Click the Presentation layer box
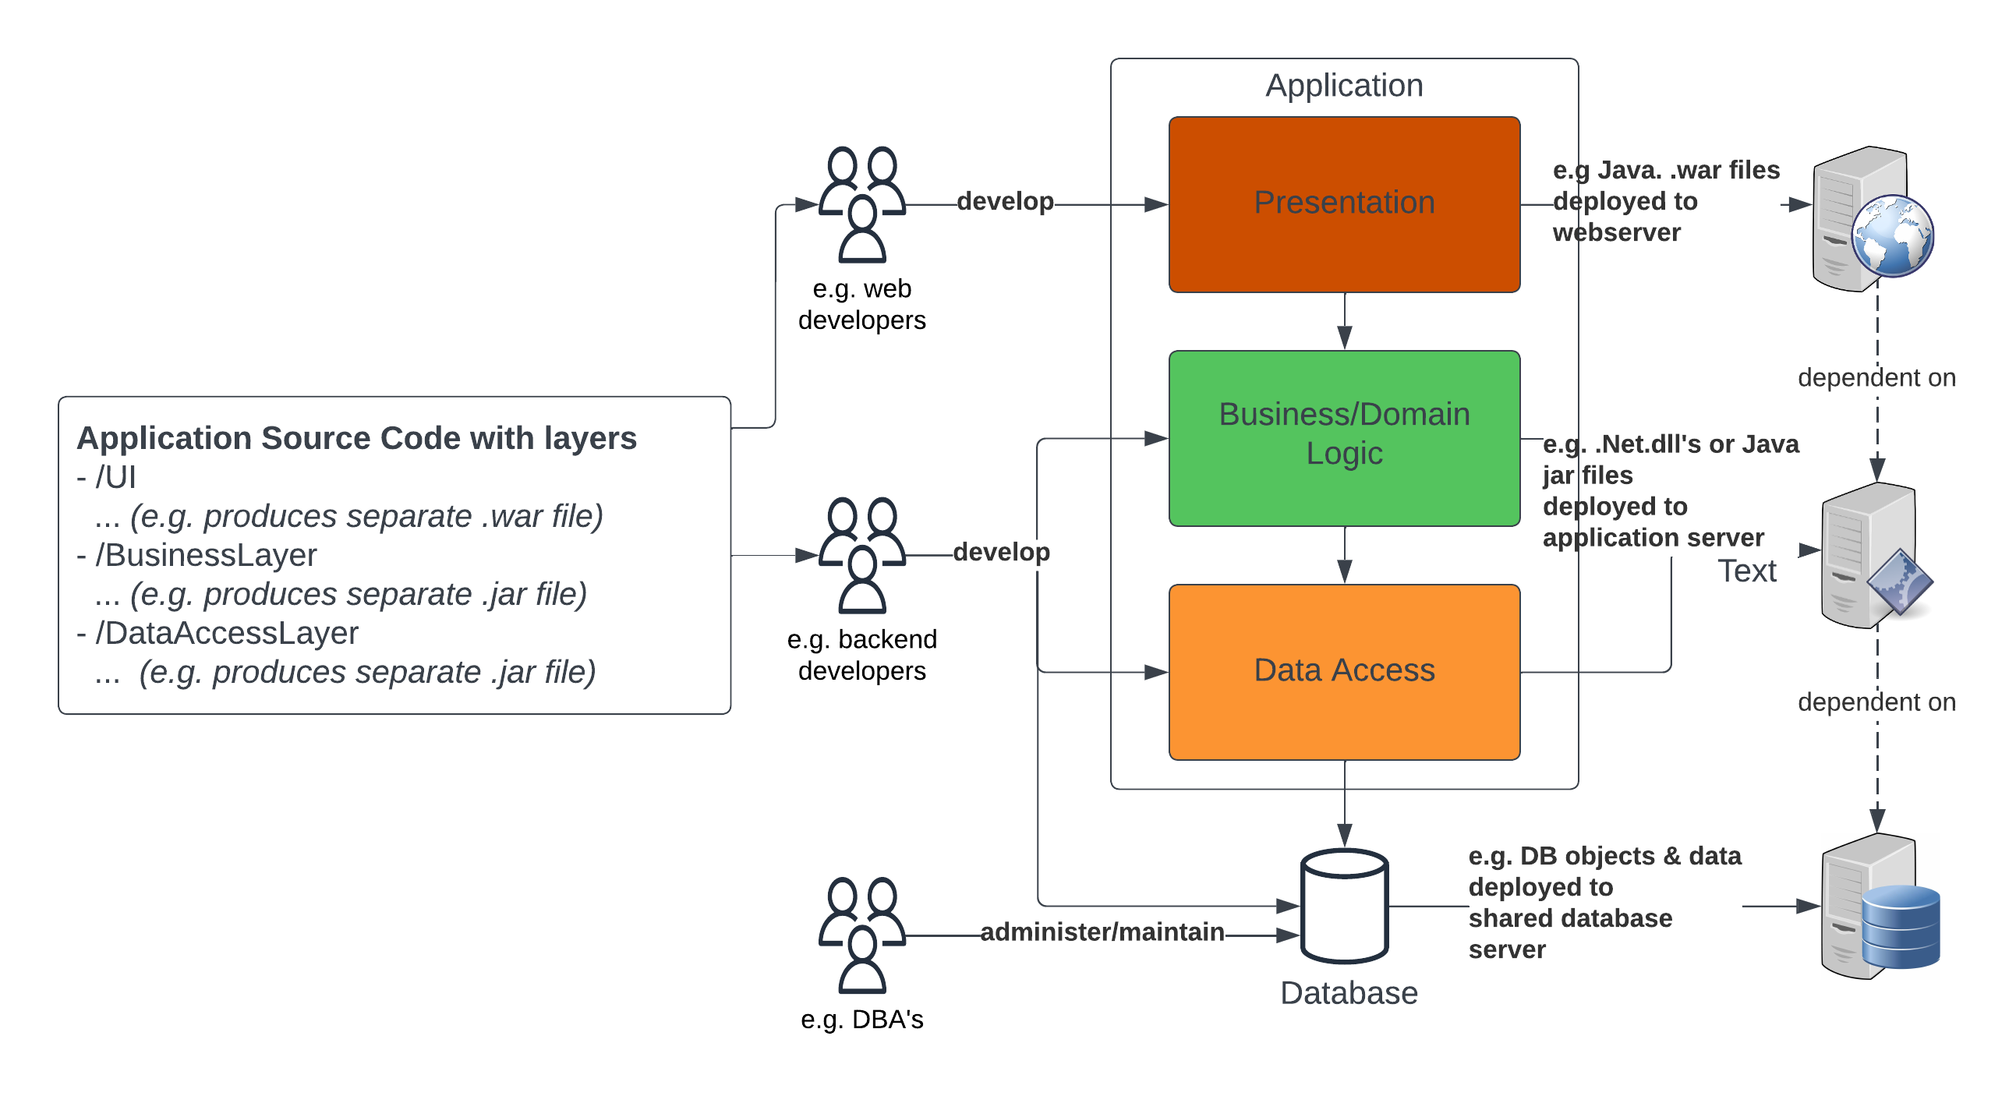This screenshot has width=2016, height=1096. point(1344,204)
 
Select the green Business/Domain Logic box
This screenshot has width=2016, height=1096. point(1344,438)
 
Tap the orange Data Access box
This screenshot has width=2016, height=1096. point(1344,672)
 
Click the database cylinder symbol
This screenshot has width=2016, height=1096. point(1344,906)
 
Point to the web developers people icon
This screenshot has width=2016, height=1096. point(861,204)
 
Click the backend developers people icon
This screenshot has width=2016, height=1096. point(861,555)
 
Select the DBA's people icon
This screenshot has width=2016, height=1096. point(861,935)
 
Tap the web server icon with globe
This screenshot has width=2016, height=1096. point(1873,219)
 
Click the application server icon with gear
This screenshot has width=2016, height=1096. point(1876,555)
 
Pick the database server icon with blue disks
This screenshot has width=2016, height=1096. point(1880,906)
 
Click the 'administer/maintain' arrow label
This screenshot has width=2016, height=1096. point(1102,932)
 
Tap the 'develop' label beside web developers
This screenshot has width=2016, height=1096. point(1005,201)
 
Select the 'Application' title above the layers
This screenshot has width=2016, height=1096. point(1344,85)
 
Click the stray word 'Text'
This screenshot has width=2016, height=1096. point(1747,571)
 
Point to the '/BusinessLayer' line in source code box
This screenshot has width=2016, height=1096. point(197,556)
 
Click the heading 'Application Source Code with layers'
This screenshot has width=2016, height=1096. point(357,438)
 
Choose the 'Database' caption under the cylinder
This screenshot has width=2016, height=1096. point(1349,993)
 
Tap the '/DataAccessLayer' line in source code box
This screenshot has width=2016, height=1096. point(218,633)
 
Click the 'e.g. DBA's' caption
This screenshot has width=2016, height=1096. point(861,1020)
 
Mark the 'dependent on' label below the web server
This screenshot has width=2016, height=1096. point(1876,378)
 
